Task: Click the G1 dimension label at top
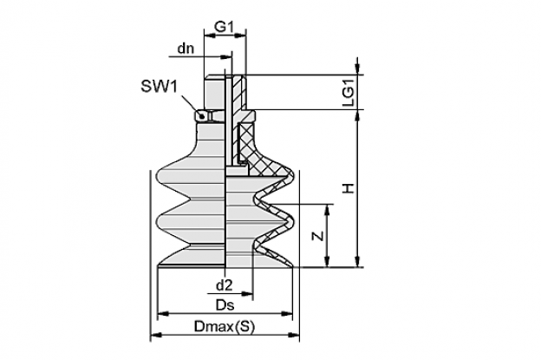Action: [225, 27]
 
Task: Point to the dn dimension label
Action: [186, 49]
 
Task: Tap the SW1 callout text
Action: [159, 86]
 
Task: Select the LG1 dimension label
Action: [349, 93]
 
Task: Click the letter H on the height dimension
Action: [349, 188]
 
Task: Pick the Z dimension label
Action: [318, 236]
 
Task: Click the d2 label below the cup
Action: [225, 285]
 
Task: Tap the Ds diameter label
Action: [225, 305]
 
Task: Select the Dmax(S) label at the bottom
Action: [225, 326]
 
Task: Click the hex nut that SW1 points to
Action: [206, 115]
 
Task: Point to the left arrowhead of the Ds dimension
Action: [163, 314]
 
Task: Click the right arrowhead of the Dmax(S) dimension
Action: [294, 335]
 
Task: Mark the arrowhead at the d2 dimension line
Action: [247, 294]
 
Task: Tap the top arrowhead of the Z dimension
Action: [328, 210]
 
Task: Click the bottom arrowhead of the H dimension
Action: [357, 261]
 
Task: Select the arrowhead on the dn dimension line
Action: [226, 56]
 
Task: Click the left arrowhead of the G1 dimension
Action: [210, 35]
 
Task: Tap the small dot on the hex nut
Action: [202, 116]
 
